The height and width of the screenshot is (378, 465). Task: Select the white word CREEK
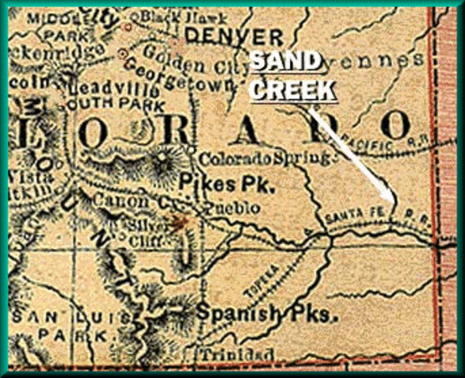tap(292, 89)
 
